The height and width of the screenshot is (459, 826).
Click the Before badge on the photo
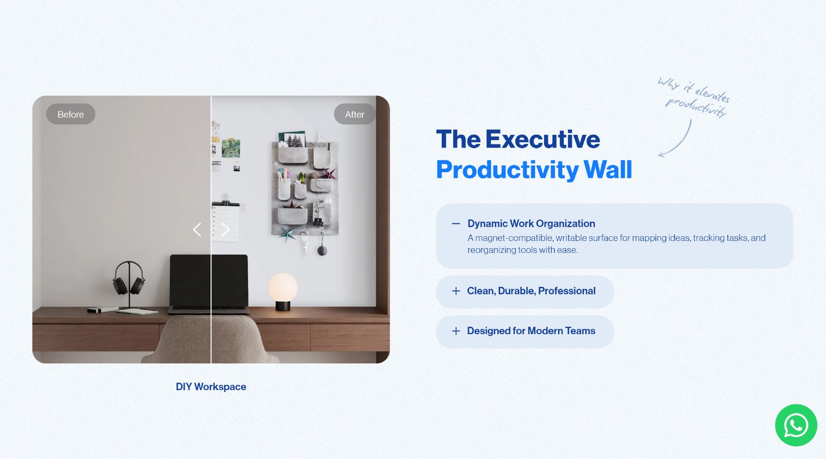[x=70, y=114]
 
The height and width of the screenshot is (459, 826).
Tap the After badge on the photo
[x=354, y=114]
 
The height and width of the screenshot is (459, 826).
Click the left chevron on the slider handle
[x=197, y=229]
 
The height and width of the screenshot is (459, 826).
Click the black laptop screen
[x=209, y=280]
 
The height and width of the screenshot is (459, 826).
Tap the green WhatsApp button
[x=796, y=425]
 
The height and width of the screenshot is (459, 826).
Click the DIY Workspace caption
[x=211, y=386]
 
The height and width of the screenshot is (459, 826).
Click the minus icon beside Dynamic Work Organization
[x=456, y=224]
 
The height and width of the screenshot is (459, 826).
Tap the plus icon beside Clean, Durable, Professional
[x=456, y=291]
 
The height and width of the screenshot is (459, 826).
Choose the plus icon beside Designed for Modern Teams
[x=456, y=331]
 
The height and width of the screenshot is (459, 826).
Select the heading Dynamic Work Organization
[x=531, y=224]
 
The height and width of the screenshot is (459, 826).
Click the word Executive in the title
[x=543, y=139]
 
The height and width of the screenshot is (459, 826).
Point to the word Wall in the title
[x=608, y=170]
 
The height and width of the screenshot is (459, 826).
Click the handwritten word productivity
[x=696, y=107]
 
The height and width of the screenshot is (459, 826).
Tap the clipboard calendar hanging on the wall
[x=226, y=221]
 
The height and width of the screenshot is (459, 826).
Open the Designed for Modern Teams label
[x=531, y=331]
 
